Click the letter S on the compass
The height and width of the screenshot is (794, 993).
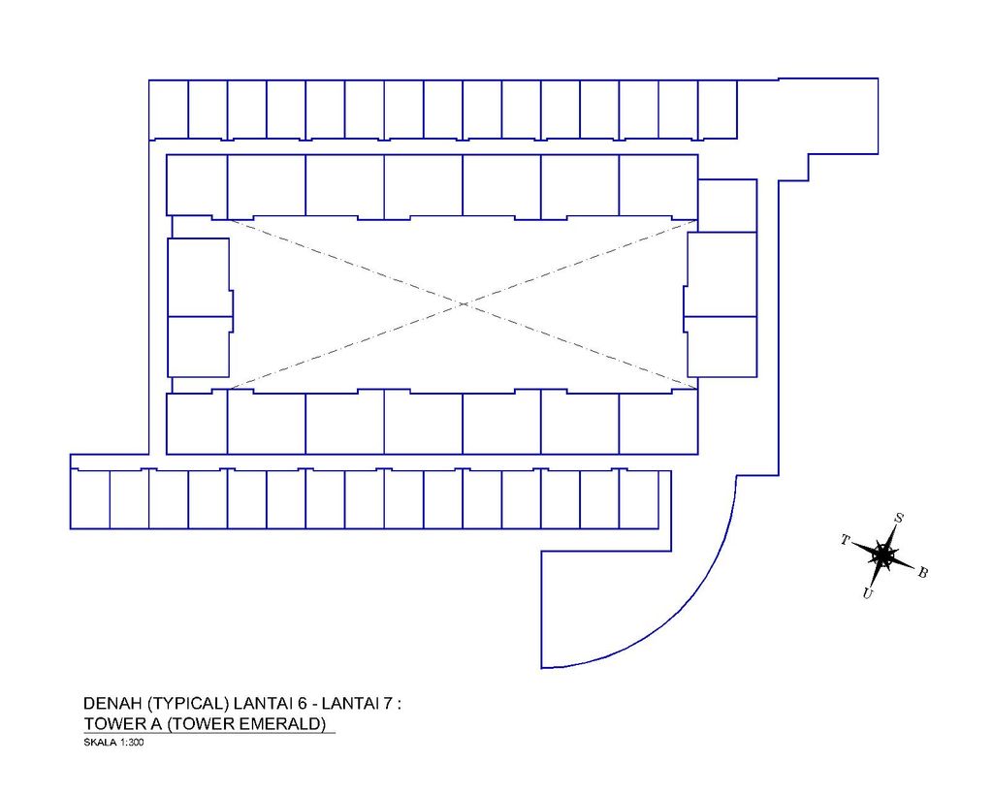(x=898, y=518)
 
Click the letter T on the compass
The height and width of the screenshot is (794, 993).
(x=845, y=540)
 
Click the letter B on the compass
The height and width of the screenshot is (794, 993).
(x=923, y=572)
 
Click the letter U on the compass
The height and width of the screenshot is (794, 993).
(x=868, y=593)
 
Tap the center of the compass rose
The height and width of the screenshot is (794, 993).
(x=882, y=556)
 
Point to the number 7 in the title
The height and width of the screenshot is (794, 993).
(x=388, y=704)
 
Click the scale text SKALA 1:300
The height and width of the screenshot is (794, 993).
(x=113, y=743)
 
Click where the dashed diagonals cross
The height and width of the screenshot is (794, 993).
(x=463, y=304)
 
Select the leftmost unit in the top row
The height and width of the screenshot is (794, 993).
(x=169, y=110)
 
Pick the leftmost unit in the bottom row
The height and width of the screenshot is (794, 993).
(x=90, y=499)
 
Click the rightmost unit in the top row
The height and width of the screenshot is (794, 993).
(x=718, y=110)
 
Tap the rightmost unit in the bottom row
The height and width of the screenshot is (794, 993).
(x=638, y=499)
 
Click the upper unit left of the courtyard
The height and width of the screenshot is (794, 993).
(x=199, y=277)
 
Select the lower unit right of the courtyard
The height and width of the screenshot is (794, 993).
(x=721, y=346)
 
